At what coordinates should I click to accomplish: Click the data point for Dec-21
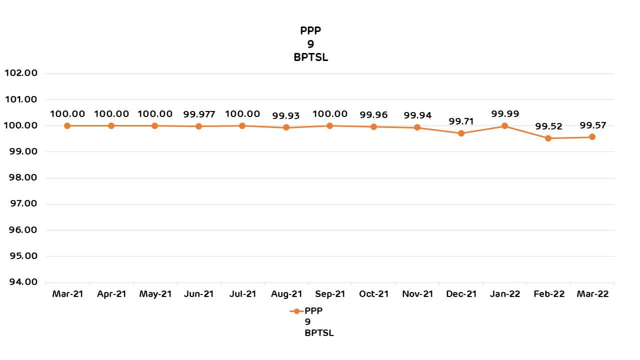point(461,133)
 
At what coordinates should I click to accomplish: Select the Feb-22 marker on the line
point(548,138)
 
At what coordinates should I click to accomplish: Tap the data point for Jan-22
point(504,126)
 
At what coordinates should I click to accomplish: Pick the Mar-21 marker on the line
point(67,125)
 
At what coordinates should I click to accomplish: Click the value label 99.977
point(199,114)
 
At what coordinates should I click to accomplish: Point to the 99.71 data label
point(461,121)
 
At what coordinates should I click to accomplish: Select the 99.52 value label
point(548,126)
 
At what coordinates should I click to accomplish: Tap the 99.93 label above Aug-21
point(286,115)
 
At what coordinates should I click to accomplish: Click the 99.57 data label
point(592,125)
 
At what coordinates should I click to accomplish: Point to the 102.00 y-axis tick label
point(20,73)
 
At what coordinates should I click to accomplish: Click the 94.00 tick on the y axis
point(20,282)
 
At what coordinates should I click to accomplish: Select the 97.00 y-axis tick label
point(20,203)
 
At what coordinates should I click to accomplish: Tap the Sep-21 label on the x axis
point(330,294)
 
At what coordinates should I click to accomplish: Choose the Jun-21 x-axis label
point(199,294)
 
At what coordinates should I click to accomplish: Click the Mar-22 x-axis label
point(592,294)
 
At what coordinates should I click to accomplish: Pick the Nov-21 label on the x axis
point(417,294)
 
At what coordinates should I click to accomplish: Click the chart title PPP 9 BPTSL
point(310,44)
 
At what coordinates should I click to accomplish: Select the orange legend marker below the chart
point(296,311)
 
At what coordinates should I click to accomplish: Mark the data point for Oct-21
point(373,126)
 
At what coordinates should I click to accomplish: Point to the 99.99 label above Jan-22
point(505,114)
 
